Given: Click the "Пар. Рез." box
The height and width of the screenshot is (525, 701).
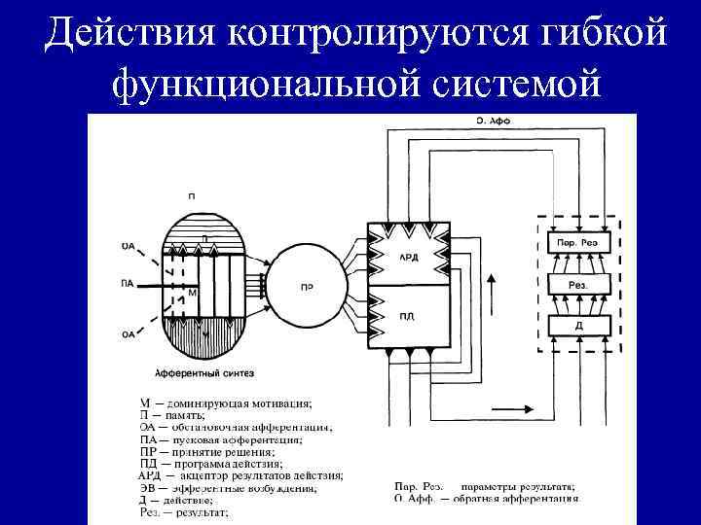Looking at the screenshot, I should click(577, 241).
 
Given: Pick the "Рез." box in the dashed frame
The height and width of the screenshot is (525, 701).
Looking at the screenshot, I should click(577, 284).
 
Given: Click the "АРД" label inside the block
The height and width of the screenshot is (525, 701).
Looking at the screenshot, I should click(409, 257).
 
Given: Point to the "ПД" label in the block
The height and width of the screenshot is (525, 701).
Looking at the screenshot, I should click(406, 316).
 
